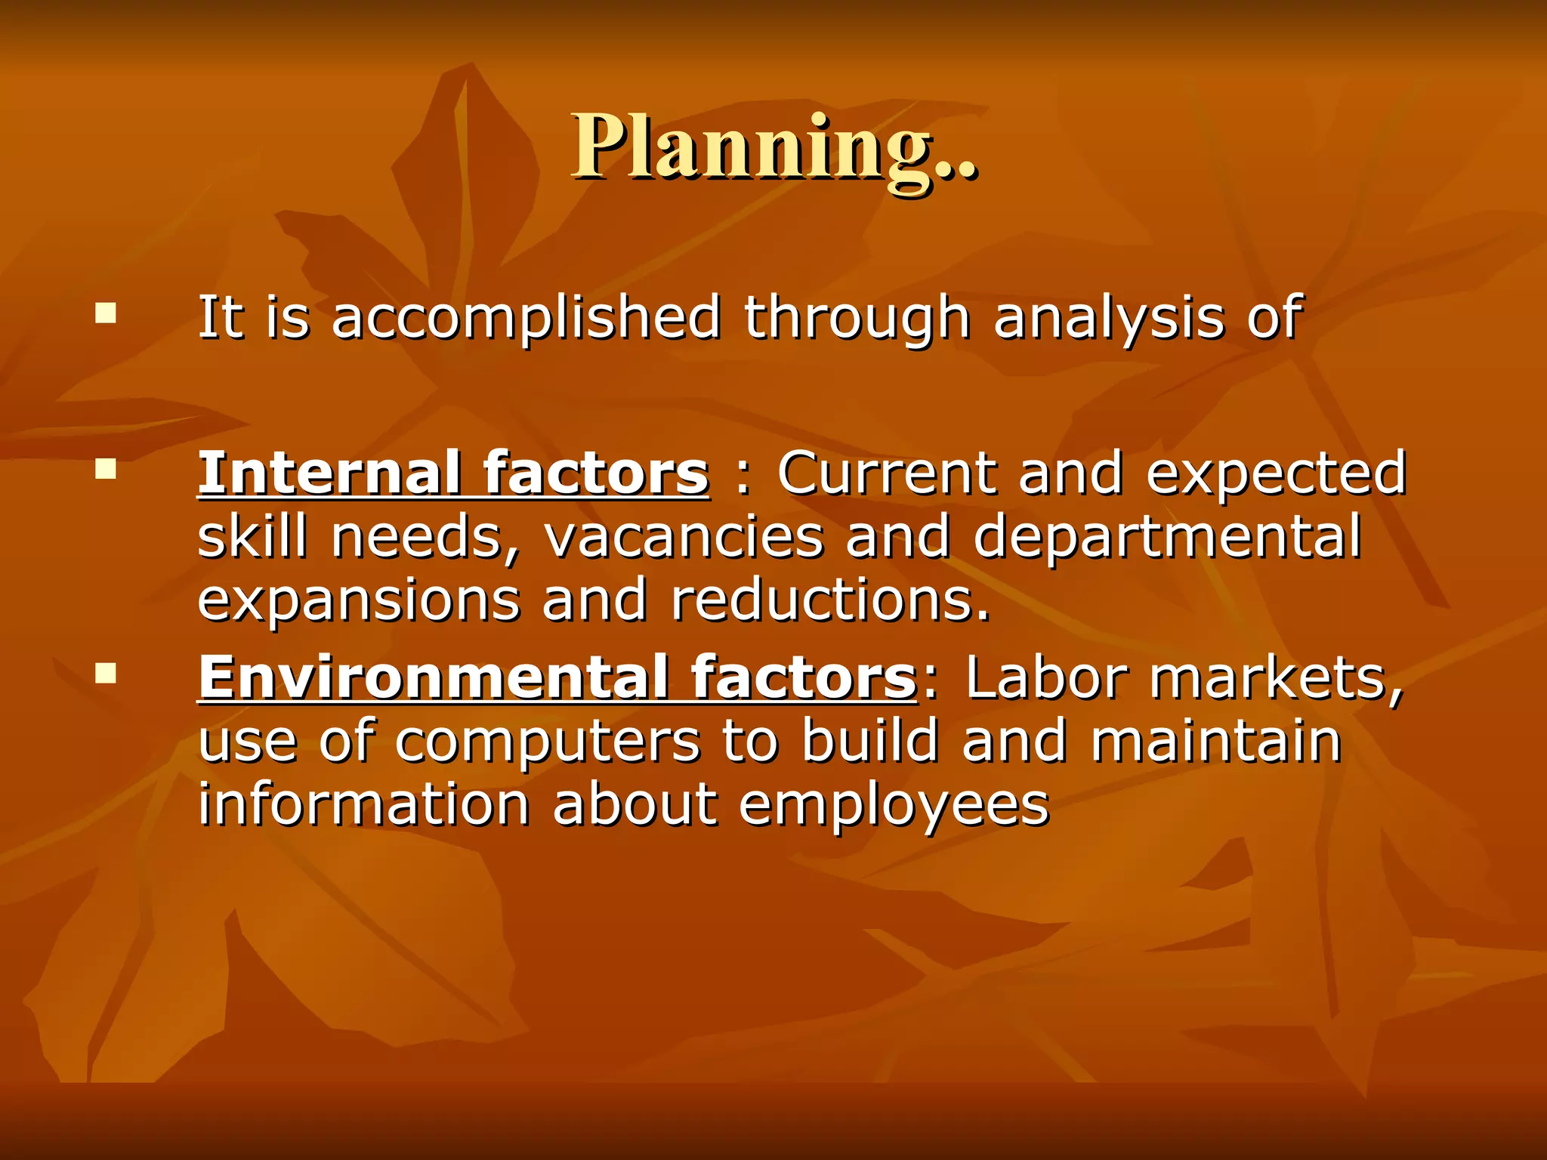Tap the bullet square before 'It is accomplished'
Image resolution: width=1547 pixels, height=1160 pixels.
point(106,313)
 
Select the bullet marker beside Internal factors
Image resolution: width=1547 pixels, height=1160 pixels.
point(106,470)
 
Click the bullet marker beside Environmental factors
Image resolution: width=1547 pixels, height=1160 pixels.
point(106,673)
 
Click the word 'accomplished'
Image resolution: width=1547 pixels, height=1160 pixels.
point(526,319)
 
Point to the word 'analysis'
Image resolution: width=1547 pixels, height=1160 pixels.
point(1108,319)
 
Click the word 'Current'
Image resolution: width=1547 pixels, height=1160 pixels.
point(886,474)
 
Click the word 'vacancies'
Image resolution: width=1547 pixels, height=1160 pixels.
point(683,538)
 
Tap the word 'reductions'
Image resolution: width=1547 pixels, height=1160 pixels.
point(829,600)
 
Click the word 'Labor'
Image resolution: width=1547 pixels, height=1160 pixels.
point(1045,677)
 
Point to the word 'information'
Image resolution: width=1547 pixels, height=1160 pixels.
point(364,804)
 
